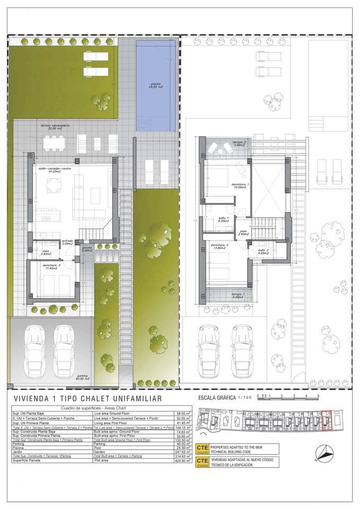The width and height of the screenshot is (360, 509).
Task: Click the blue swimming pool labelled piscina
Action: pyautogui.click(x=155, y=85)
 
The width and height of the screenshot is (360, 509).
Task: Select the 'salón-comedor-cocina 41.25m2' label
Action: pyautogui.click(x=49, y=171)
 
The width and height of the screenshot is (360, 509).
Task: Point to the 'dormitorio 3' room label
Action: pyautogui.click(x=51, y=267)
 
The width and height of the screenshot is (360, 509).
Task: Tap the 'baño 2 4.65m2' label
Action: pyautogui.click(x=264, y=252)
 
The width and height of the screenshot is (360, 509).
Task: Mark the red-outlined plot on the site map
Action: pyautogui.click(x=326, y=420)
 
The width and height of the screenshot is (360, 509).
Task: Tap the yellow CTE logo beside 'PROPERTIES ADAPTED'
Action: pyautogui.click(x=202, y=448)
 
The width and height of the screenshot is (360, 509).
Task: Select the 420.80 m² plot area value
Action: pyautogui.click(x=183, y=461)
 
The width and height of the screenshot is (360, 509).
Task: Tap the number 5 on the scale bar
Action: pyautogui.click(x=318, y=396)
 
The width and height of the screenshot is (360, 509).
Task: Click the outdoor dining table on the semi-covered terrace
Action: pyautogui.click(x=54, y=142)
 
